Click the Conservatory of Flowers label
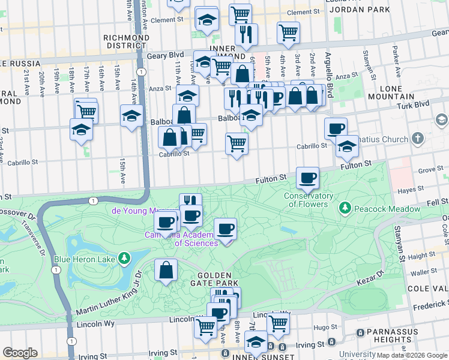pos(309,200)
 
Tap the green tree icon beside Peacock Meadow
pos(345,208)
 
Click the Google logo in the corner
pos(20,353)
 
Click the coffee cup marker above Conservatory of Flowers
pos(308,177)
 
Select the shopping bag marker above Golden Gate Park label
pos(166,270)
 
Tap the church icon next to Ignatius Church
pos(418,139)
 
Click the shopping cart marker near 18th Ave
pos(86,110)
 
